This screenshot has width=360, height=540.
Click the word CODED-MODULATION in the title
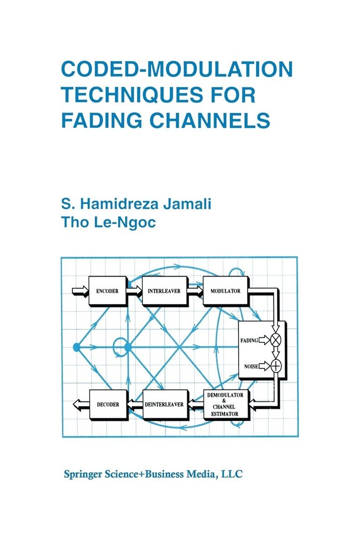177,70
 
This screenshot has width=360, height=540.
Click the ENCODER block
107,291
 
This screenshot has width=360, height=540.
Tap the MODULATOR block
226,291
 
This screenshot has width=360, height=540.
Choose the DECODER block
108,404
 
